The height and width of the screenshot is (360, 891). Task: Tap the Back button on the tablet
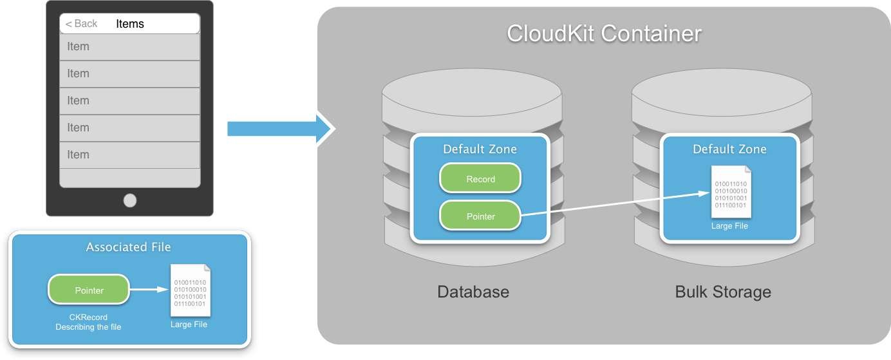[82, 24]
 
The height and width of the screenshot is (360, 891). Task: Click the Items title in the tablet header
[130, 24]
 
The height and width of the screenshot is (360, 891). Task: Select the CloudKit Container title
[604, 33]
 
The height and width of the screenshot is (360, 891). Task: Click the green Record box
[480, 178]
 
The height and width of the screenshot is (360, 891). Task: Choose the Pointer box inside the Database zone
[480, 216]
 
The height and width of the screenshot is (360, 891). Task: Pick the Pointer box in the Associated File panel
[89, 290]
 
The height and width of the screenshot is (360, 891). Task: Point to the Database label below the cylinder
[473, 292]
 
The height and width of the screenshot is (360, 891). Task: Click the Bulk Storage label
[723, 292]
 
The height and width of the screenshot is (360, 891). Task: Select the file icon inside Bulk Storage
[731, 192]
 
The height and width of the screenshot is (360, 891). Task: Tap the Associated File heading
[129, 247]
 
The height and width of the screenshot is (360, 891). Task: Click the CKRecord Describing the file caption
[88, 322]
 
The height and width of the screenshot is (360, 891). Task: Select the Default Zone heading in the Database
[480, 149]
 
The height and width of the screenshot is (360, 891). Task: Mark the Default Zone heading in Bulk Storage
[729, 149]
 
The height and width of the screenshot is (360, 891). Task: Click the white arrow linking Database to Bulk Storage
[612, 204]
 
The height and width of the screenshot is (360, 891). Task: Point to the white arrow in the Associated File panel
[149, 290]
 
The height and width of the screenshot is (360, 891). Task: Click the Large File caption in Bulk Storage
[729, 226]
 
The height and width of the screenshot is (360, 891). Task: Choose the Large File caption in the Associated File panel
[189, 324]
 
